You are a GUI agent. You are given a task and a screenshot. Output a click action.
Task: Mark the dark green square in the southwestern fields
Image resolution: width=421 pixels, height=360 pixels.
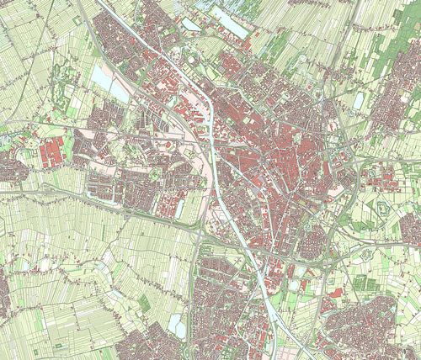point(144,301)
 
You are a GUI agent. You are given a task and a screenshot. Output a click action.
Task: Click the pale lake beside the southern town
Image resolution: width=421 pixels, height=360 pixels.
point(176,324)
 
